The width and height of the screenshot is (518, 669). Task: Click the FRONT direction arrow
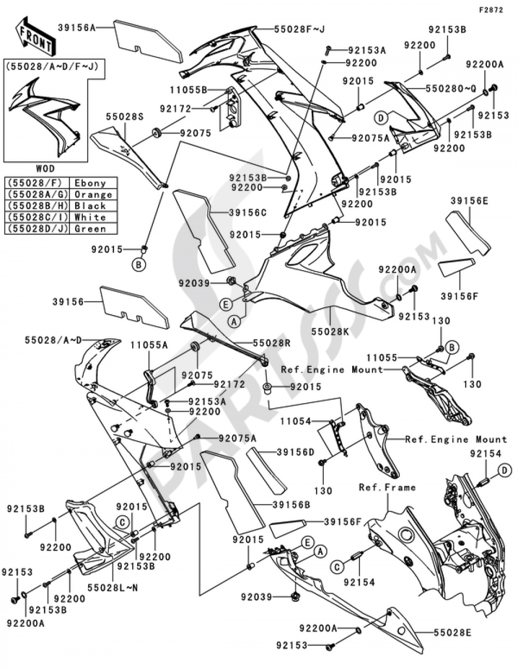pos(35,37)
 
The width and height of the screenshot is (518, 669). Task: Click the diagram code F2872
pos(491,10)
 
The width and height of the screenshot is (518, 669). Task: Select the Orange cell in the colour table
pos(93,194)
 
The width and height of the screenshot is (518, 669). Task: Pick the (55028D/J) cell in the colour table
pos(37,229)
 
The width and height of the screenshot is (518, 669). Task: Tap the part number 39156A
pos(77,27)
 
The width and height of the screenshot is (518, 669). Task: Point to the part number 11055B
pos(189,90)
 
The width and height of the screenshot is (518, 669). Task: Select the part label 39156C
pos(248,213)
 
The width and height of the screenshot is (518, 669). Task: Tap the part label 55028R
pos(271,343)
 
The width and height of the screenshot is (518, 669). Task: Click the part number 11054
pos(296,421)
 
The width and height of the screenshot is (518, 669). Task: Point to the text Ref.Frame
pos(387,487)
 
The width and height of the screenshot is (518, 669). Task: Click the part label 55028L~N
pos(112,588)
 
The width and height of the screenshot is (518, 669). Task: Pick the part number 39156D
pos(296,452)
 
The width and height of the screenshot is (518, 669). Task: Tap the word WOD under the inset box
pos(45,168)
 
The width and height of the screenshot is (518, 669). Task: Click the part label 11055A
pos(149,346)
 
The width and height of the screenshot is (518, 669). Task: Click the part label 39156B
pos(291,505)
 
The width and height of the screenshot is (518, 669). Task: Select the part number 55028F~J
pos(299,29)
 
